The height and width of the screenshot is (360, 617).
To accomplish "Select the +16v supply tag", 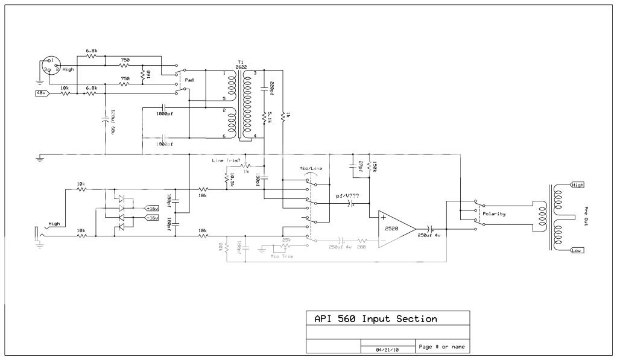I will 153,208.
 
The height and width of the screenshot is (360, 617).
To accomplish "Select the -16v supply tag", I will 153,217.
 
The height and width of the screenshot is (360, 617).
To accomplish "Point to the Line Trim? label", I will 226,160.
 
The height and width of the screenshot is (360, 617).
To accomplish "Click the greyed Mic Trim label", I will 282,256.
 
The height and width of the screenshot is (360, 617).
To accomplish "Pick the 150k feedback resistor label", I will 376,166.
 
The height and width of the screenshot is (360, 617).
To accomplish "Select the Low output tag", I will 576,249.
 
